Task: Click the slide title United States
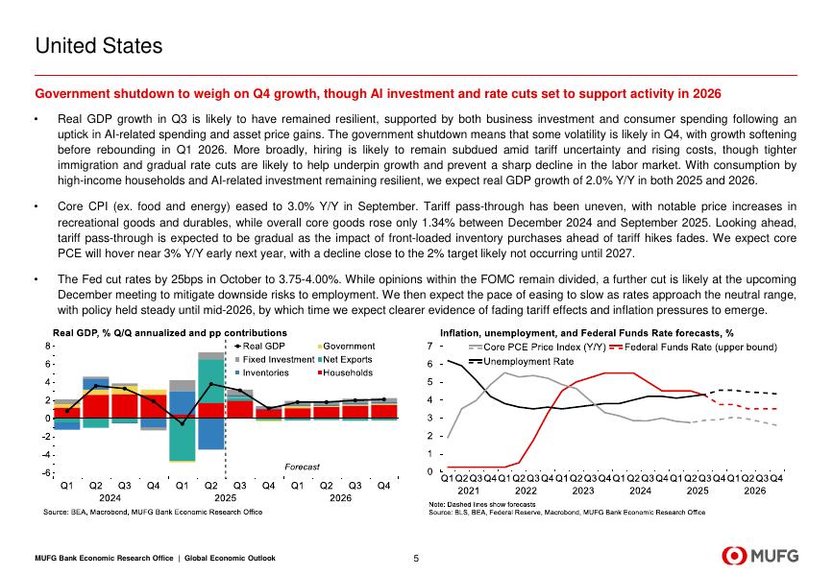tap(98, 45)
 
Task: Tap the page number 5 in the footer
tap(416, 558)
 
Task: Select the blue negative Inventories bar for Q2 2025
tap(210, 434)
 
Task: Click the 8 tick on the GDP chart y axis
tap(48, 346)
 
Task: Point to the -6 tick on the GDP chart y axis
tap(46, 472)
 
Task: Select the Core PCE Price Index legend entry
tap(537, 346)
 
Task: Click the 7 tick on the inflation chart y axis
tap(429, 346)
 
